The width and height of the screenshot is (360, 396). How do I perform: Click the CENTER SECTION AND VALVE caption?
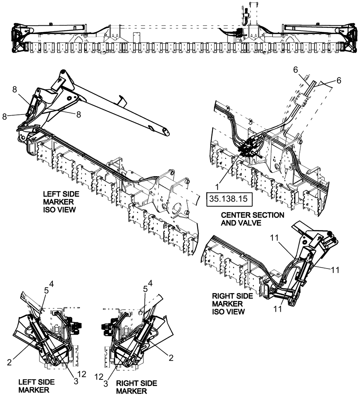(253, 219)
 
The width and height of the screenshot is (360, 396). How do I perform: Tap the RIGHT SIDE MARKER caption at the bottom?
(136, 387)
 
